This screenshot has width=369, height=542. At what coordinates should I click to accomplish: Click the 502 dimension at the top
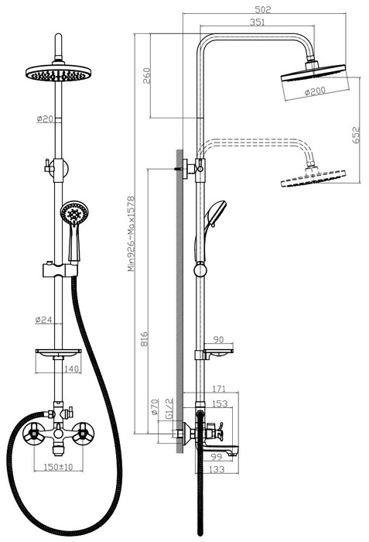point(263,9)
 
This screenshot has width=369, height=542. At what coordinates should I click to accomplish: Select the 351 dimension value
point(257,22)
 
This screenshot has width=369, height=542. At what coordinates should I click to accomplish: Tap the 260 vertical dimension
point(147,76)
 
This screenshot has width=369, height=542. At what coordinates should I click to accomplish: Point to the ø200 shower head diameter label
point(315,91)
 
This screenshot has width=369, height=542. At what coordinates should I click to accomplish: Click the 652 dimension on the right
point(356,135)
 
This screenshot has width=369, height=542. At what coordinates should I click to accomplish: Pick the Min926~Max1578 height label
point(131,234)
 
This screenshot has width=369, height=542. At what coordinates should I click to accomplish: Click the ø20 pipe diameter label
point(45,118)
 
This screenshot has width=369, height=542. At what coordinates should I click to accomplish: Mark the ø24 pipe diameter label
point(43,320)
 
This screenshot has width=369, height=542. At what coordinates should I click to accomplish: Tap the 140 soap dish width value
point(71,369)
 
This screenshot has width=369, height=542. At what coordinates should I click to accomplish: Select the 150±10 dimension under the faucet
point(58,467)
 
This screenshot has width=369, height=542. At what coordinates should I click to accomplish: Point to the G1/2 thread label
point(169,409)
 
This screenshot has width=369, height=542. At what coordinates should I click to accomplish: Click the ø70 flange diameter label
point(155,406)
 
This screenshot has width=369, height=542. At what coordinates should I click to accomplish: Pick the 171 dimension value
point(219,389)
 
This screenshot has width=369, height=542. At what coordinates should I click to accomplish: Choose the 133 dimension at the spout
point(217,469)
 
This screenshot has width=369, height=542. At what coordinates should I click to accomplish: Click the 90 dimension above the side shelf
point(218,339)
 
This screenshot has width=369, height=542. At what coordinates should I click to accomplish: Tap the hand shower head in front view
point(74,213)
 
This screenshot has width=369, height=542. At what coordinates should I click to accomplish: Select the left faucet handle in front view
point(33,432)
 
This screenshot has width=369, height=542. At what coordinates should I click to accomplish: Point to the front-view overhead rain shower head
point(58,73)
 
